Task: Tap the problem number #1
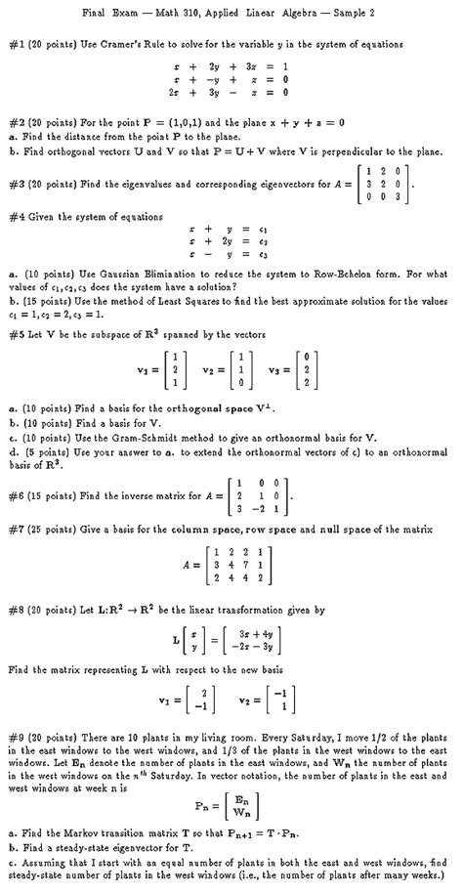[x=18, y=44]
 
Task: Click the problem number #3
[x=18, y=183]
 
